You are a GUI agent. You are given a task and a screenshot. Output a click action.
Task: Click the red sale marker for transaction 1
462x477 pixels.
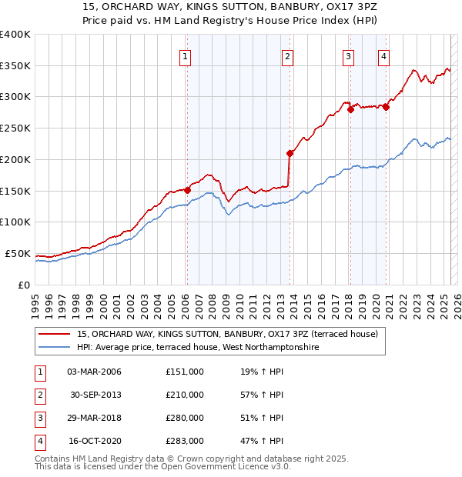pyautogui.click(x=187, y=189)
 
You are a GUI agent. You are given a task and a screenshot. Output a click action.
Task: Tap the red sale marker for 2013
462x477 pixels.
pyautogui.click(x=290, y=152)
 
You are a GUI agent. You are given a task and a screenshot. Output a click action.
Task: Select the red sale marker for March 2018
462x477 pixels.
pyautogui.click(x=350, y=109)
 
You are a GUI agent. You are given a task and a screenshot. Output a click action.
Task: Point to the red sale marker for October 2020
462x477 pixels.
pyautogui.click(x=386, y=107)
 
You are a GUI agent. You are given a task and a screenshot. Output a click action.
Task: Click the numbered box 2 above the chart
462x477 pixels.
pyautogui.click(x=286, y=55)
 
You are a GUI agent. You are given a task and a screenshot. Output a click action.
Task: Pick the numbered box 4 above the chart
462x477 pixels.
pyautogui.click(x=383, y=55)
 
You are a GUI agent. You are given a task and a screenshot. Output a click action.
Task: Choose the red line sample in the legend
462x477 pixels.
pyautogui.click(x=54, y=335)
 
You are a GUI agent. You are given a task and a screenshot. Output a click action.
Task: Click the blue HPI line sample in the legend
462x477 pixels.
pyautogui.click(x=54, y=348)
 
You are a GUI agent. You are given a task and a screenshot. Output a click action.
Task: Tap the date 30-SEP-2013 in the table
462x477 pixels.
pyautogui.click(x=95, y=395)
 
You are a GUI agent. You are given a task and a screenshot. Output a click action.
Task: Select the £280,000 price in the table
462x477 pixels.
pyautogui.click(x=185, y=418)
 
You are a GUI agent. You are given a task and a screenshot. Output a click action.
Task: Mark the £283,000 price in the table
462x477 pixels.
pyautogui.click(x=185, y=441)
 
